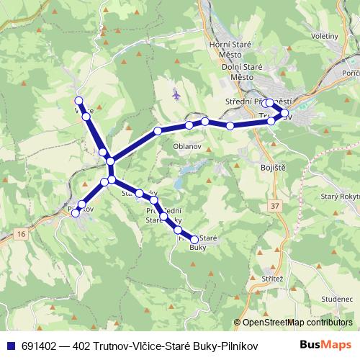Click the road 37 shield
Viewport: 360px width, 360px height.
click(276, 207)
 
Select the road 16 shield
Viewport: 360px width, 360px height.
click(22, 234)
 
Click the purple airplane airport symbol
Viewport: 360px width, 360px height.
click(176, 94)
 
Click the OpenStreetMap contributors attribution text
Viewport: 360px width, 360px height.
click(297, 323)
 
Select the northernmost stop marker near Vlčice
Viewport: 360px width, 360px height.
click(78, 101)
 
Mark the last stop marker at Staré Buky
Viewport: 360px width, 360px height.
click(194, 239)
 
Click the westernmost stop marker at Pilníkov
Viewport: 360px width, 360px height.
click(76, 212)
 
